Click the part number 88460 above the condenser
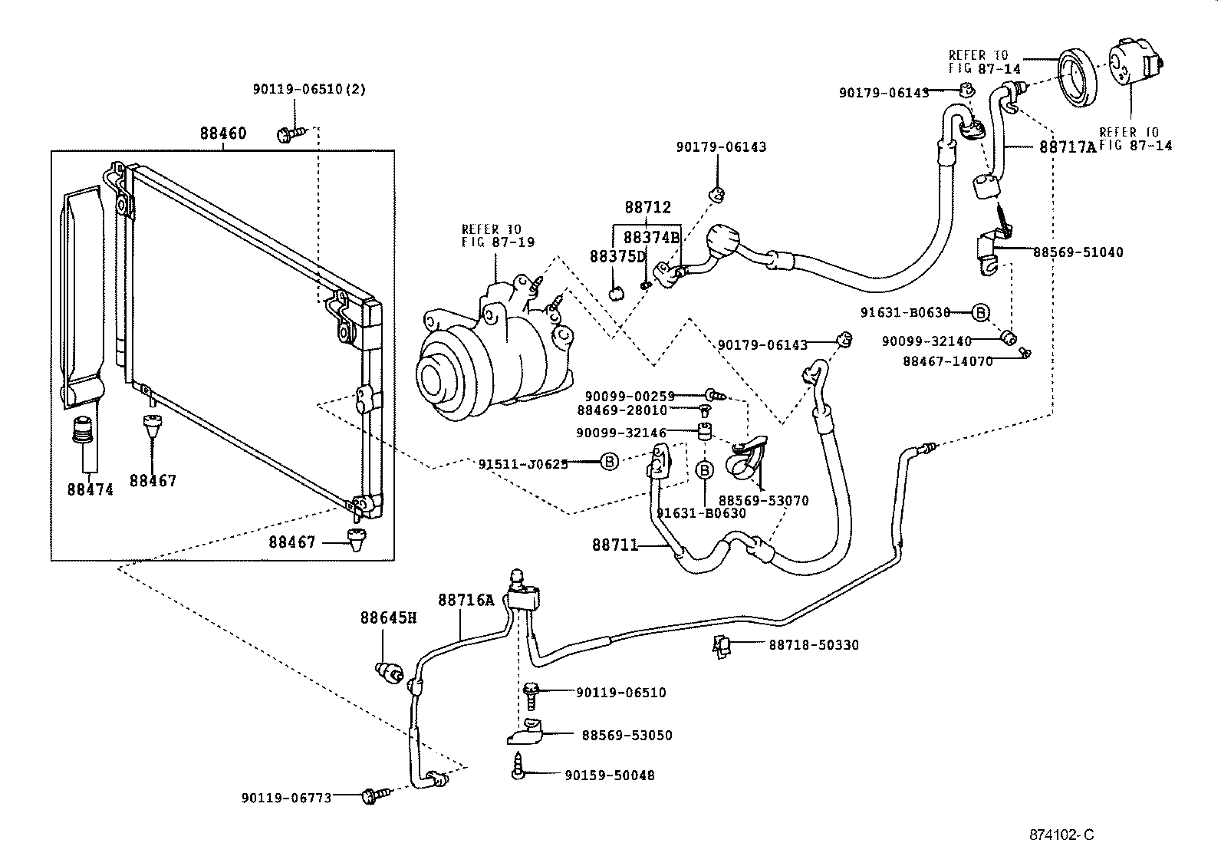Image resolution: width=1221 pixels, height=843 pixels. (x=223, y=133)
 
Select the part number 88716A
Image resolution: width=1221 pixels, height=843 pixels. (x=466, y=600)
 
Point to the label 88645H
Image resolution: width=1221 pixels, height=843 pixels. (x=388, y=617)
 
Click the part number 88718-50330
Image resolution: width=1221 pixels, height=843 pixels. (x=814, y=646)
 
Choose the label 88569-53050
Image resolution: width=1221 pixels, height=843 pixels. (x=627, y=735)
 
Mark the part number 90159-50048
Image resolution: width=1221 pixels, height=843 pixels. (x=610, y=775)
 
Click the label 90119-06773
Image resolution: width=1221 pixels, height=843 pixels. (x=286, y=798)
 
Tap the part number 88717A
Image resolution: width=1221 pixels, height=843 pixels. (x=1068, y=147)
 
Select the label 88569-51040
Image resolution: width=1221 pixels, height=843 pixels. (x=1078, y=252)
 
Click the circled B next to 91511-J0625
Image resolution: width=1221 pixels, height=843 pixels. (x=608, y=462)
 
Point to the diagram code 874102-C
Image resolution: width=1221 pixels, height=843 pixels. (x=1061, y=835)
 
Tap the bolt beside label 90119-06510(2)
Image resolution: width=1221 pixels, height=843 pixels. (x=291, y=134)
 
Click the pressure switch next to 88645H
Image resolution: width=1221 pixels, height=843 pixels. (x=390, y=673)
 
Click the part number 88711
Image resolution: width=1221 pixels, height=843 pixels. (x=614, y=545)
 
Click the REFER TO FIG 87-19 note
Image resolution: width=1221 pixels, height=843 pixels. (x=498, y=235)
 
